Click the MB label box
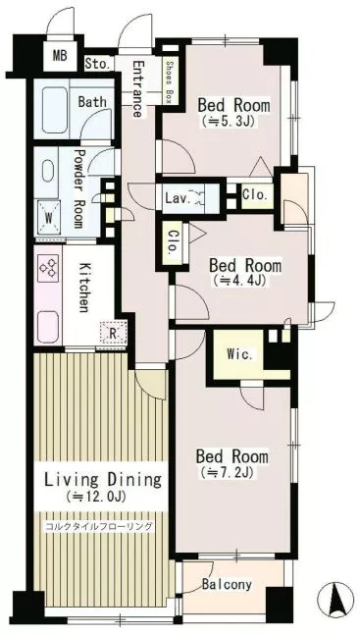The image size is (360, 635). [x=60, y=56]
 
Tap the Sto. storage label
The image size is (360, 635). [x=98, y=64]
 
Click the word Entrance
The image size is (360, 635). [x=137, y=88]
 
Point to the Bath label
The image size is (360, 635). [x=92, y=101]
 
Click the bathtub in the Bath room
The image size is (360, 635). [x=55, y=110]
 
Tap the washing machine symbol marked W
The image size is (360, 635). [x=49, y=218]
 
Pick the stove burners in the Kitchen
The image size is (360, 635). [x=48, y=268]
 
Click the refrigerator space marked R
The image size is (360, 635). [x=114, y=334]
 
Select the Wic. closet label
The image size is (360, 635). [x=239, y=355]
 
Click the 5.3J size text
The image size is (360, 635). [x=228, y=122]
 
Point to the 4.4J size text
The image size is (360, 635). [x=239, y=281]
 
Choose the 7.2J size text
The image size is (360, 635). [x=227, y=472]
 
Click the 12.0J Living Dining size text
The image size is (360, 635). [x=96, y=496]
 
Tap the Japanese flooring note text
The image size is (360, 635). [x=99, y=526]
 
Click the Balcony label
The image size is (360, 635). [x=227, y=584]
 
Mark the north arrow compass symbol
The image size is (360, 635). [x=335, y=600]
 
